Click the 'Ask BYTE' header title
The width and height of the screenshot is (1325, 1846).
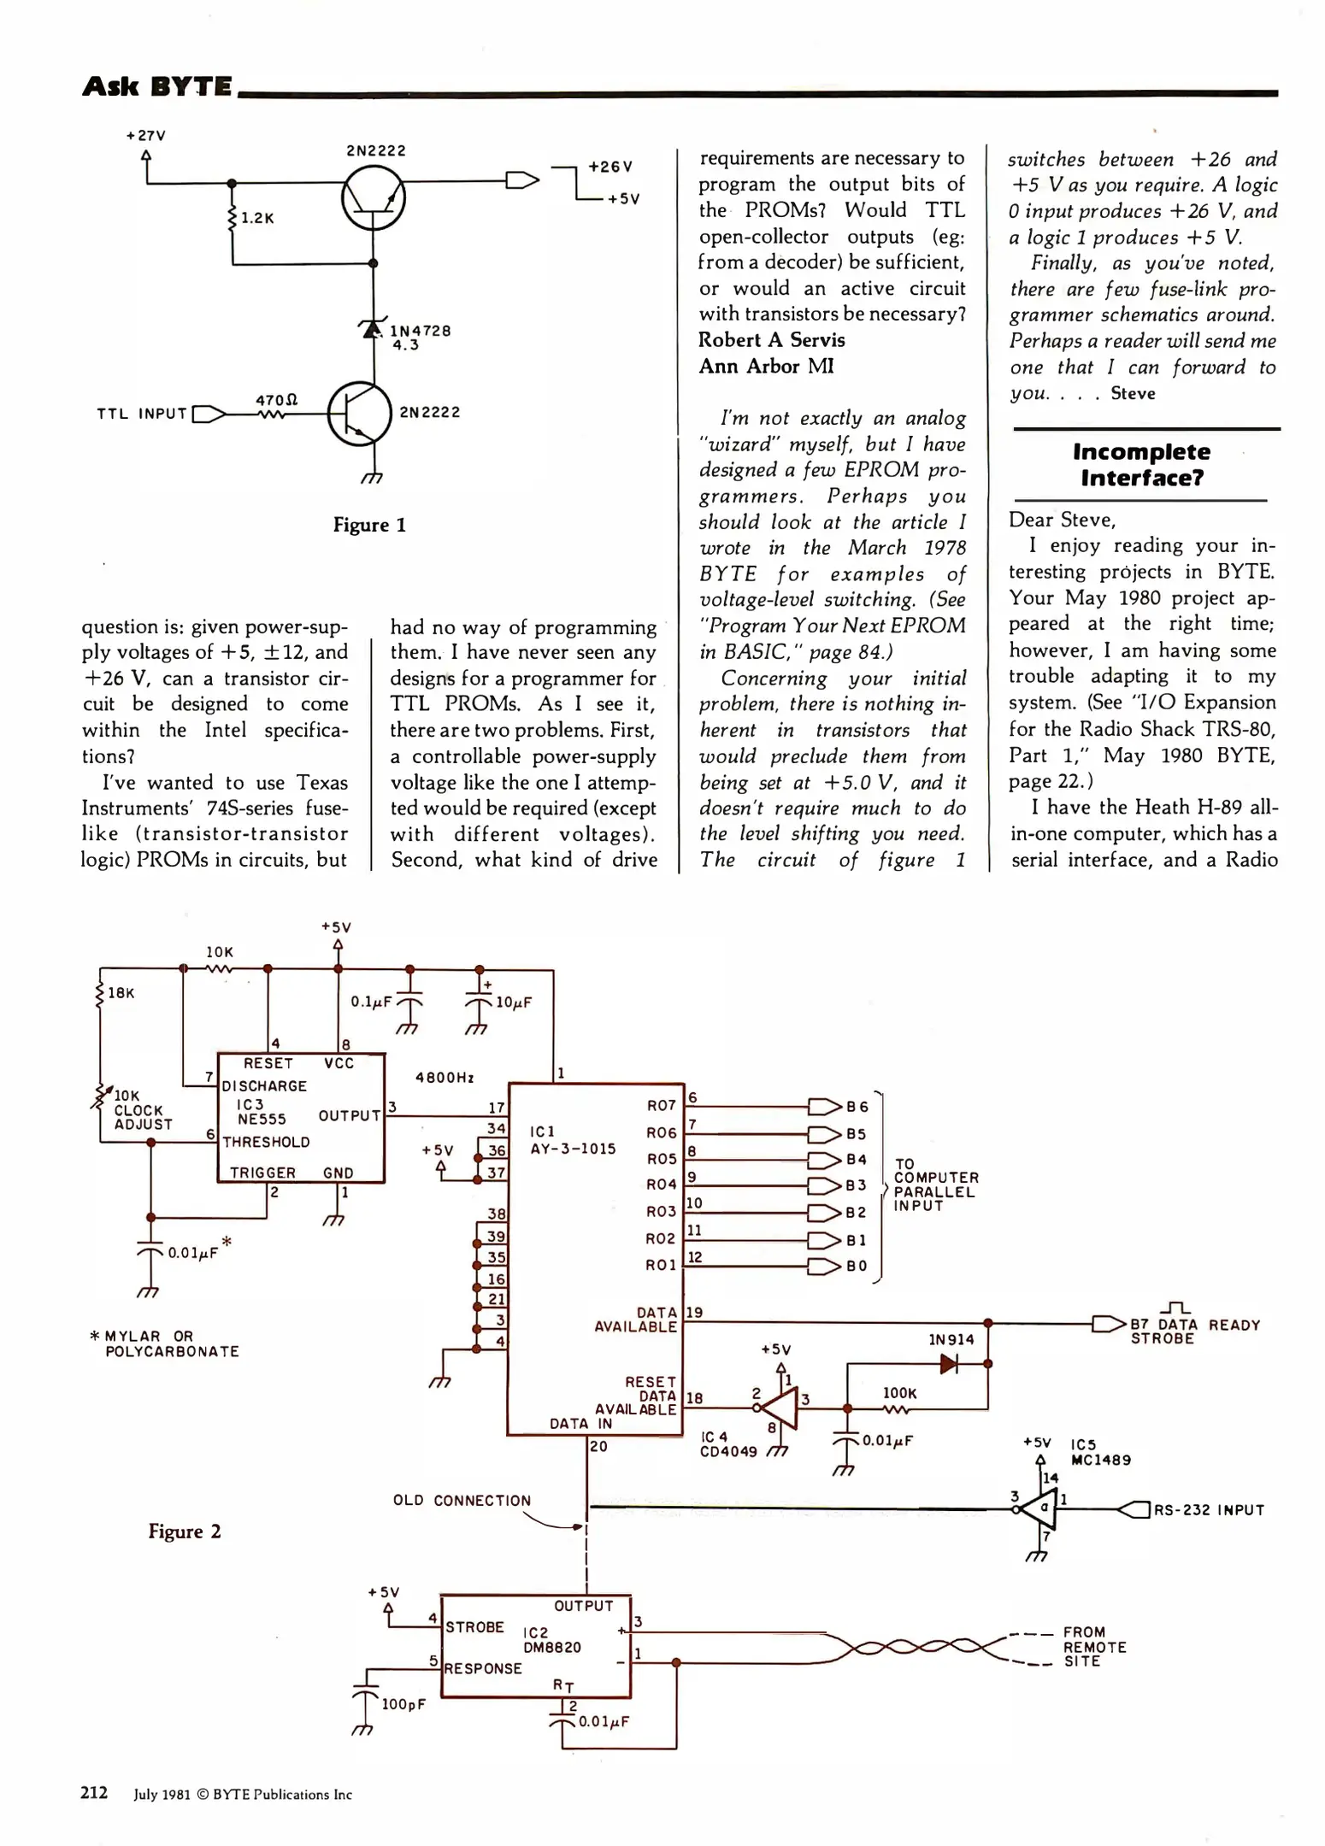(x=156, y=86)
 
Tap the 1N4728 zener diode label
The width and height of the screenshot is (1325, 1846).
(x=420, y=331)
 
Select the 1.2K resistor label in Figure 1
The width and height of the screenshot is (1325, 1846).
(x=257, y=218)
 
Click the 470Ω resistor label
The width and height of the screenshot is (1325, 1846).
(x=276, y=400)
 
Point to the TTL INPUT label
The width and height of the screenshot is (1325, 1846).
(x=142, y=414)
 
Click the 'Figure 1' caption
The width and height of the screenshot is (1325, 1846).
(x=369, y=525)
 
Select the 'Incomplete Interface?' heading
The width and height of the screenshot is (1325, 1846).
(x=1141, y=464)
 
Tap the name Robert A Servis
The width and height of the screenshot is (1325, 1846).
(x=771, y=340)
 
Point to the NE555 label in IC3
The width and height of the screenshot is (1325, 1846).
(x=262, y=1119)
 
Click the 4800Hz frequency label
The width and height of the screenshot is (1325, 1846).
(x=444, y=1078)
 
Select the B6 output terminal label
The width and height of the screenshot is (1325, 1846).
(x=857, y=1107)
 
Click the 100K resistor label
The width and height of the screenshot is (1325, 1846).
(x=899, y=1393)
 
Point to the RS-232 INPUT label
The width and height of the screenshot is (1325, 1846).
(x=1209, y=1510)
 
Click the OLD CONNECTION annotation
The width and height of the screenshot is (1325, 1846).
(x=462, y=1501)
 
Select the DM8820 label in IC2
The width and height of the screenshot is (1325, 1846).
(x=551, y=1647)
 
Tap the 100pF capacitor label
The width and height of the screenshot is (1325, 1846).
(x=403, y=1704)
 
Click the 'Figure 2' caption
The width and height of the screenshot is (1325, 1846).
(x=185, y=1531)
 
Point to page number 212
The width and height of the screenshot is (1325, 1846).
(x=94, y=1793)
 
